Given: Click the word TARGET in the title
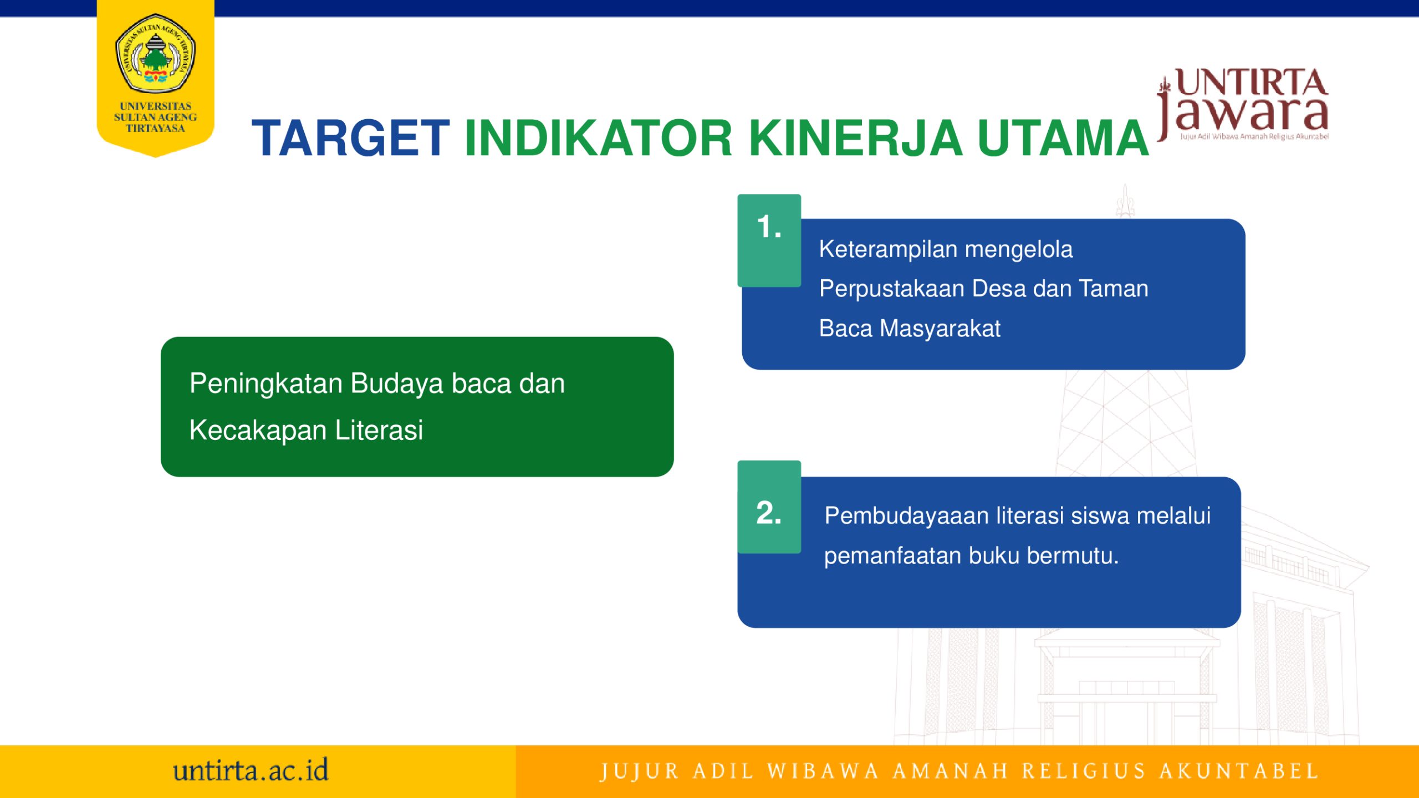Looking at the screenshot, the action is pos(350,138).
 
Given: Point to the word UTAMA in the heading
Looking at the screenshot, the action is pos(1063,138).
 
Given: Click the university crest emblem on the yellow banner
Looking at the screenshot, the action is pos(155,54).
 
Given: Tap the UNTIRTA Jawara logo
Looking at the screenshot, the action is pos(1243,105).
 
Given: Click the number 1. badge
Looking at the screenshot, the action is pos(769,240).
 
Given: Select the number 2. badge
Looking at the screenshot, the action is pos(769,507).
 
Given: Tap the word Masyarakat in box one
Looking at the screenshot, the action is pos(940,329).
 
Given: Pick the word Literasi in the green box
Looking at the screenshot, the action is pos(379,430).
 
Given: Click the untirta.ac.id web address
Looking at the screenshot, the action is pos(251,771).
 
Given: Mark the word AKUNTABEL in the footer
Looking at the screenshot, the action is pos(1239,771).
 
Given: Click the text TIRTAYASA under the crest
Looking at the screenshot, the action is pos(155,128).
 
